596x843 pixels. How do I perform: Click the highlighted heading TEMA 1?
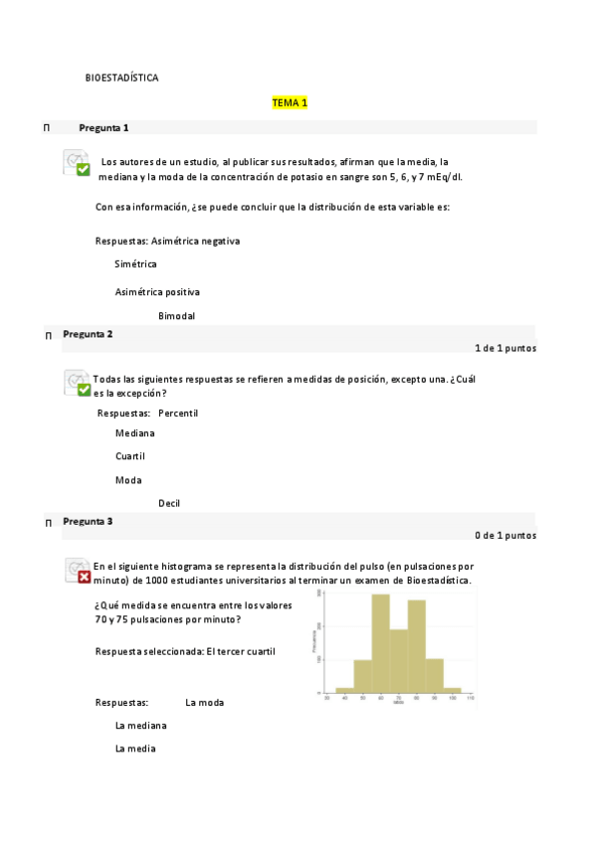coord(290,103)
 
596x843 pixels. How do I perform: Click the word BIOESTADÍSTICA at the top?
coord(121,78)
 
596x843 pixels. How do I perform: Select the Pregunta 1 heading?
coord(103,128)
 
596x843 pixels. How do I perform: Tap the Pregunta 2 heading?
coord(88,334)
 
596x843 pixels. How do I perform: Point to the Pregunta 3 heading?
coord(88,521)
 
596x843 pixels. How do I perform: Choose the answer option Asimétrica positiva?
coord(157,292)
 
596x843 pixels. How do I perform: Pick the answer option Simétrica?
coord(135,264)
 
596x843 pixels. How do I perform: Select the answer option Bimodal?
coord(176,316)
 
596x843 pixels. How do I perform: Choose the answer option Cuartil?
coord(130,456)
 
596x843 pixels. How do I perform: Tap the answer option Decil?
coord(169,503)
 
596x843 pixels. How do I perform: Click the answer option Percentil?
coord(178,413)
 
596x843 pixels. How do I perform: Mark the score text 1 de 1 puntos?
coord(505,348)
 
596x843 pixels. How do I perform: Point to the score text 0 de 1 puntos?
coord(505,535)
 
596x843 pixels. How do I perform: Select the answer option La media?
coord(135,749)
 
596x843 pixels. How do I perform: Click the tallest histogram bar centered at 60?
coord(380,643)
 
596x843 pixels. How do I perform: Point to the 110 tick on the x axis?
coord(470,699)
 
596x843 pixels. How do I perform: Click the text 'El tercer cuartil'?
coord(242,651)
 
